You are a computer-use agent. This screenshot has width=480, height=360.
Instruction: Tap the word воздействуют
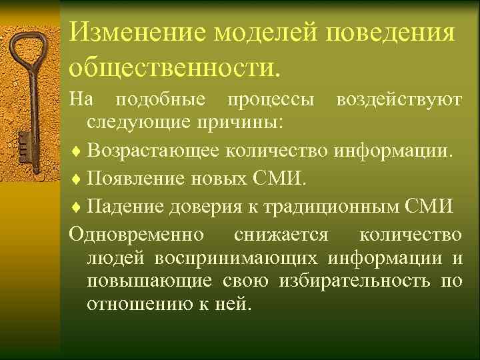(399, 100)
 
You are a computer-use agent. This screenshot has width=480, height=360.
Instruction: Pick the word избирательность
(352, 281)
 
